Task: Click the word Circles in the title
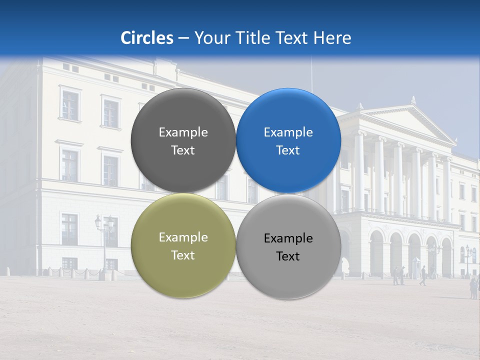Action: coord(147,37)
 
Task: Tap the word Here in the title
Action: coord(332,37)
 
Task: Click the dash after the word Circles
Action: coord(183,38)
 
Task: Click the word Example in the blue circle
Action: coord(288,132)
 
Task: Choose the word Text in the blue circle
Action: coord(288,150)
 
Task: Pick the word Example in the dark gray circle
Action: coord(183,132)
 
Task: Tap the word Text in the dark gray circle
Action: coord(183,150)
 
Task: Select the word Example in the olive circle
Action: coord(183,237)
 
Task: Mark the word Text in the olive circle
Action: coord(183,255)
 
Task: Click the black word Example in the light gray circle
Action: coord(288,238)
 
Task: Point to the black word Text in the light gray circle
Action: coord(288,256)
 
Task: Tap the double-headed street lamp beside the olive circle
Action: coord(104,235)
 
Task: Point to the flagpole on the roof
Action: coord(312,75)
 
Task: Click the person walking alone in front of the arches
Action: coord(423,275)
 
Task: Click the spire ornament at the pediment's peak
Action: coord(413,100)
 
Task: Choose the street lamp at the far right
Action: coord(468,257)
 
